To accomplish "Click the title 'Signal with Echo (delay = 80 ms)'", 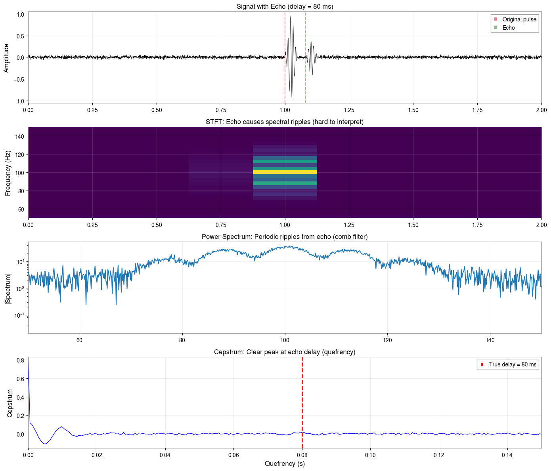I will coord(285,6).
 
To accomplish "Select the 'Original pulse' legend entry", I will coord(519,19).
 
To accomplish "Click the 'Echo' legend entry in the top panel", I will coord(508,28).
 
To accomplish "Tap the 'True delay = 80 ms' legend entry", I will coord(512,364).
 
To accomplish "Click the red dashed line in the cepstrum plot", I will coord(302,396).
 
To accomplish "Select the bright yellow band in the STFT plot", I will coord(285,172).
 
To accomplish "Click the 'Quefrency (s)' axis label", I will coord(285,463).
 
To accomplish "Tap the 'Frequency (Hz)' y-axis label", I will coord(8,172).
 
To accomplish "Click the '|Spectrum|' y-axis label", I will coord(8,288).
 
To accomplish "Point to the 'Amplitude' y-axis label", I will coord(6,58).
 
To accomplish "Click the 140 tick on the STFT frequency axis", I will coord(19,136).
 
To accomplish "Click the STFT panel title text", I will coord(285,122).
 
